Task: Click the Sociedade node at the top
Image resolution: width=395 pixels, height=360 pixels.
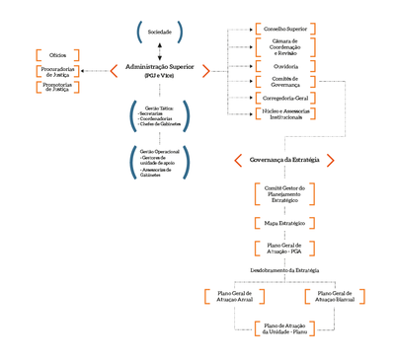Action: pyautogui.click(x=159, y=33)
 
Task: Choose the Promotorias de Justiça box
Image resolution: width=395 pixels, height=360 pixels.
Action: pyautogui.click(x=57, y=89)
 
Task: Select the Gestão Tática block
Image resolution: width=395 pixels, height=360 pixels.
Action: pyautogui.click(x=159, y=116)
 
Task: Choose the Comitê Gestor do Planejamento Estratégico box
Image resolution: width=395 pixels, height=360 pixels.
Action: pyautogui.click(x=285, y=192)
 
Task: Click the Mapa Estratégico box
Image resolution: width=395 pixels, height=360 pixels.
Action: pyautogui.click(x=285, y=225)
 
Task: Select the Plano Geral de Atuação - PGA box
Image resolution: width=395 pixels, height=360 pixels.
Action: pyautogui.click(x=285, y=250)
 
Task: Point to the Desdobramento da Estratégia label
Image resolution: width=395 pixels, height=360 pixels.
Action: pyautogui.click(x=285, y=270)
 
